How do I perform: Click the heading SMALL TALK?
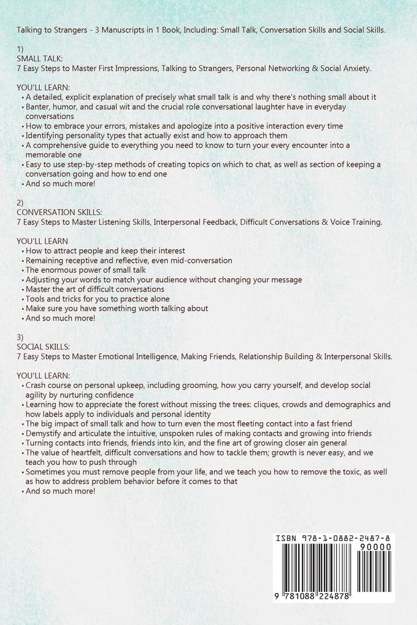[x=40, y=58]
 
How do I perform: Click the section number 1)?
[x=20, y=48]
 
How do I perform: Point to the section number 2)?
[x=20, y=202]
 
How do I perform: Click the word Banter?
[x=39, y=107]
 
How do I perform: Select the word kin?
[x=193, y=442]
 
